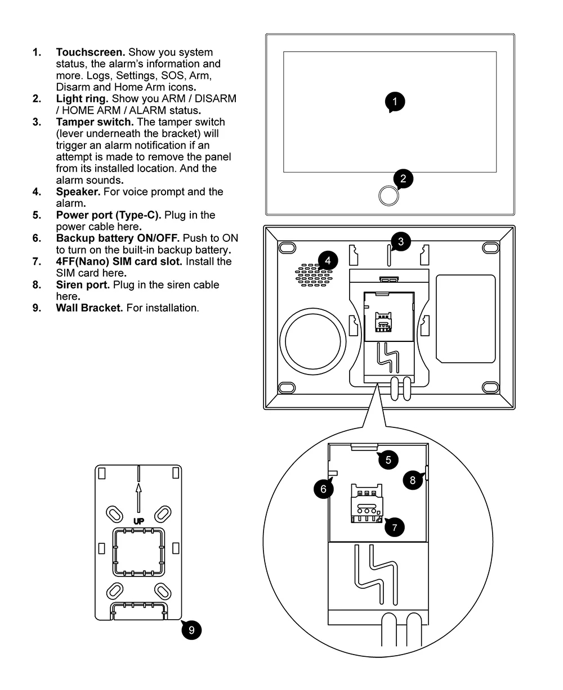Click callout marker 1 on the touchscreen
395,102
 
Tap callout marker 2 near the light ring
403,179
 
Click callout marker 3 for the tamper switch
400,242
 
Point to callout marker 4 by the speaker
328,260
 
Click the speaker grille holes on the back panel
312,274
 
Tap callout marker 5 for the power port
388,459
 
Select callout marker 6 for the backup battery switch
324,489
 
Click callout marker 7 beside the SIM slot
394,527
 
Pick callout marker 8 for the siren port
413,480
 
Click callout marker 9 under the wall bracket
191,630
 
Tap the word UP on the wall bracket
138,521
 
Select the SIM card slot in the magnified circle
367,505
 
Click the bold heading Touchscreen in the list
90,52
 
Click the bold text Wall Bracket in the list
89,308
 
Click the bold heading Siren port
83,285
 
